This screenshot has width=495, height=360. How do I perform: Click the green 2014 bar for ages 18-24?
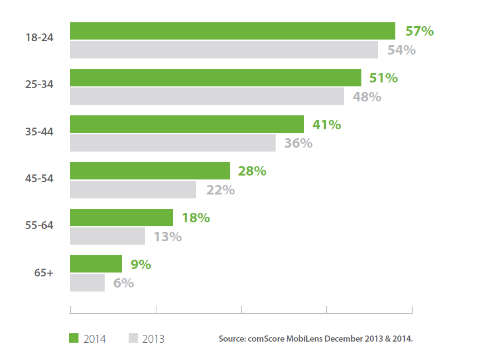click(232, 31)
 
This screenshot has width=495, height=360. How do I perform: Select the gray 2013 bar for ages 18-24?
click(224, 50)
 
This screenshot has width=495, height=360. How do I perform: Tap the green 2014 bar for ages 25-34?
click(215, 78)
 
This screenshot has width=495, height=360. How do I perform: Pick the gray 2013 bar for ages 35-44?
click(173, 143)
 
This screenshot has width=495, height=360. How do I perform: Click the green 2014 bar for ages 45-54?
click(150, 171)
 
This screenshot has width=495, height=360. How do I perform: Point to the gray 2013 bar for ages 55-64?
click(107, 236)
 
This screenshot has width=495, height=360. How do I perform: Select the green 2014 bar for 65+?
click(96, 264)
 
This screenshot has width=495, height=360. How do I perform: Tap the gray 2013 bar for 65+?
click(87, 283)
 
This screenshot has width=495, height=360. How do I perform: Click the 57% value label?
click(419, 31)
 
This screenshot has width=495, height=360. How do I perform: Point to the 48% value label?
click(367, 97)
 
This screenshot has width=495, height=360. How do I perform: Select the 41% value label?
click(326, 125)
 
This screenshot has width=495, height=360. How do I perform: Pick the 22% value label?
click(220, 190)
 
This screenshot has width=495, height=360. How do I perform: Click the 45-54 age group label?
click(39, 179)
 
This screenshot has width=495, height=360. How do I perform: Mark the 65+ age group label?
click(43, 273)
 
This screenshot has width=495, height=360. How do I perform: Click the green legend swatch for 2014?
click(73, 338)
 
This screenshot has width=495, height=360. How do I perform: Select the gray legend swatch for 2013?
click(133, 338)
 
